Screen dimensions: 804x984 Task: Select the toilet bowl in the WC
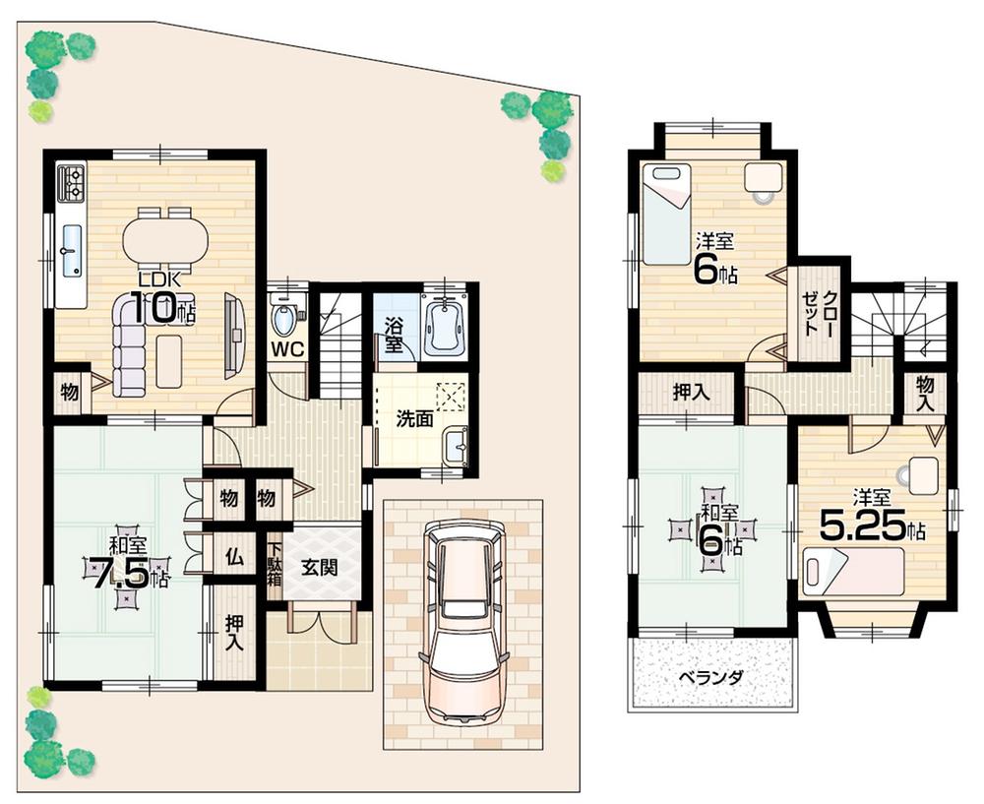(x=285, y=318)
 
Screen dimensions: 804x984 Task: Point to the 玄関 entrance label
(x=315, y=567)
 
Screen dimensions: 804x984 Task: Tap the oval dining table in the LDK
(x=165, y=238)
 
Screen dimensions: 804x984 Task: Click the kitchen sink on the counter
(x=70, y=250)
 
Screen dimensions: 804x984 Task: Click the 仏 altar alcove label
(x=233, y=556)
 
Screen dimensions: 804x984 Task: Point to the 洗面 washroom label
(x=414, y=418)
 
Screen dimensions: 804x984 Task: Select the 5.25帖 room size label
(x=871, y=528)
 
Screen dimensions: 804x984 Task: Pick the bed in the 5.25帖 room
(x=852, y=571)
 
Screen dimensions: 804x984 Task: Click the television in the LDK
(x=234, y=335)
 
